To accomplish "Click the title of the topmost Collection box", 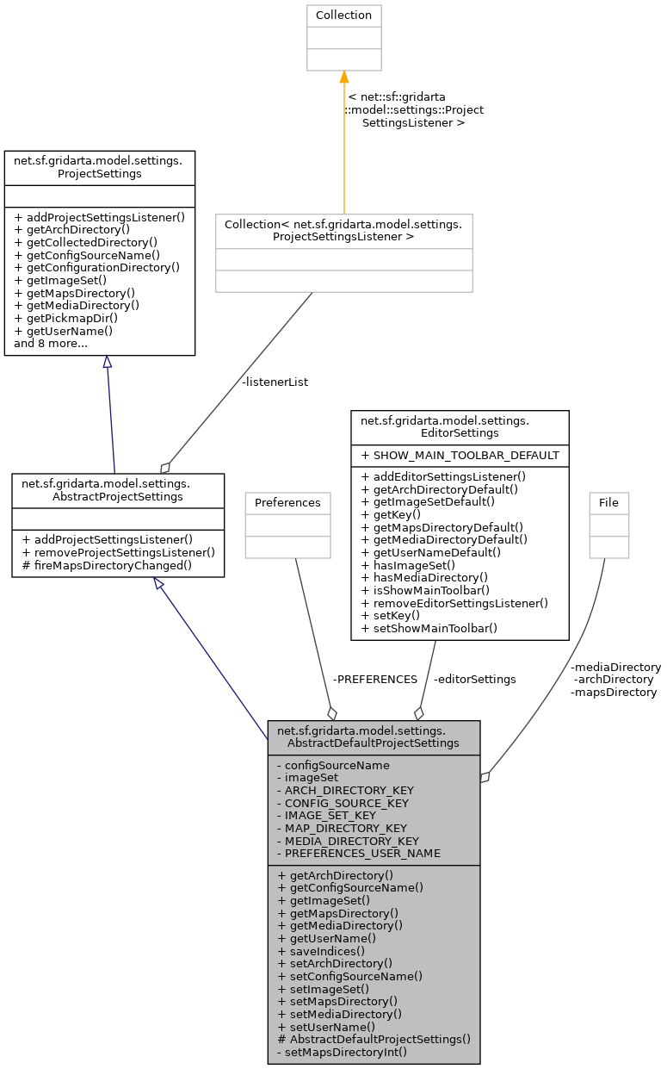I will [343, 16].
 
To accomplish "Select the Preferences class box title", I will [287, 502].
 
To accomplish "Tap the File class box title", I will [608, 502].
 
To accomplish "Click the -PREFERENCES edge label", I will [374, 679].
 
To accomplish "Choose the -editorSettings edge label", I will [475, 679].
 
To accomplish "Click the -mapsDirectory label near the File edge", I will [614, 692].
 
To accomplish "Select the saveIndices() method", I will [316, 951].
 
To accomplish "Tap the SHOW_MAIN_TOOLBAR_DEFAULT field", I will [460, 455].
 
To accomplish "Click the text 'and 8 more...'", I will [51, 344].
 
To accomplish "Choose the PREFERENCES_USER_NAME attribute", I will [359, 853].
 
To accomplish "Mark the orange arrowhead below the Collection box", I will [343, 77].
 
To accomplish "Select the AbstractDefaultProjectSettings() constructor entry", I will [374, 1039].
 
